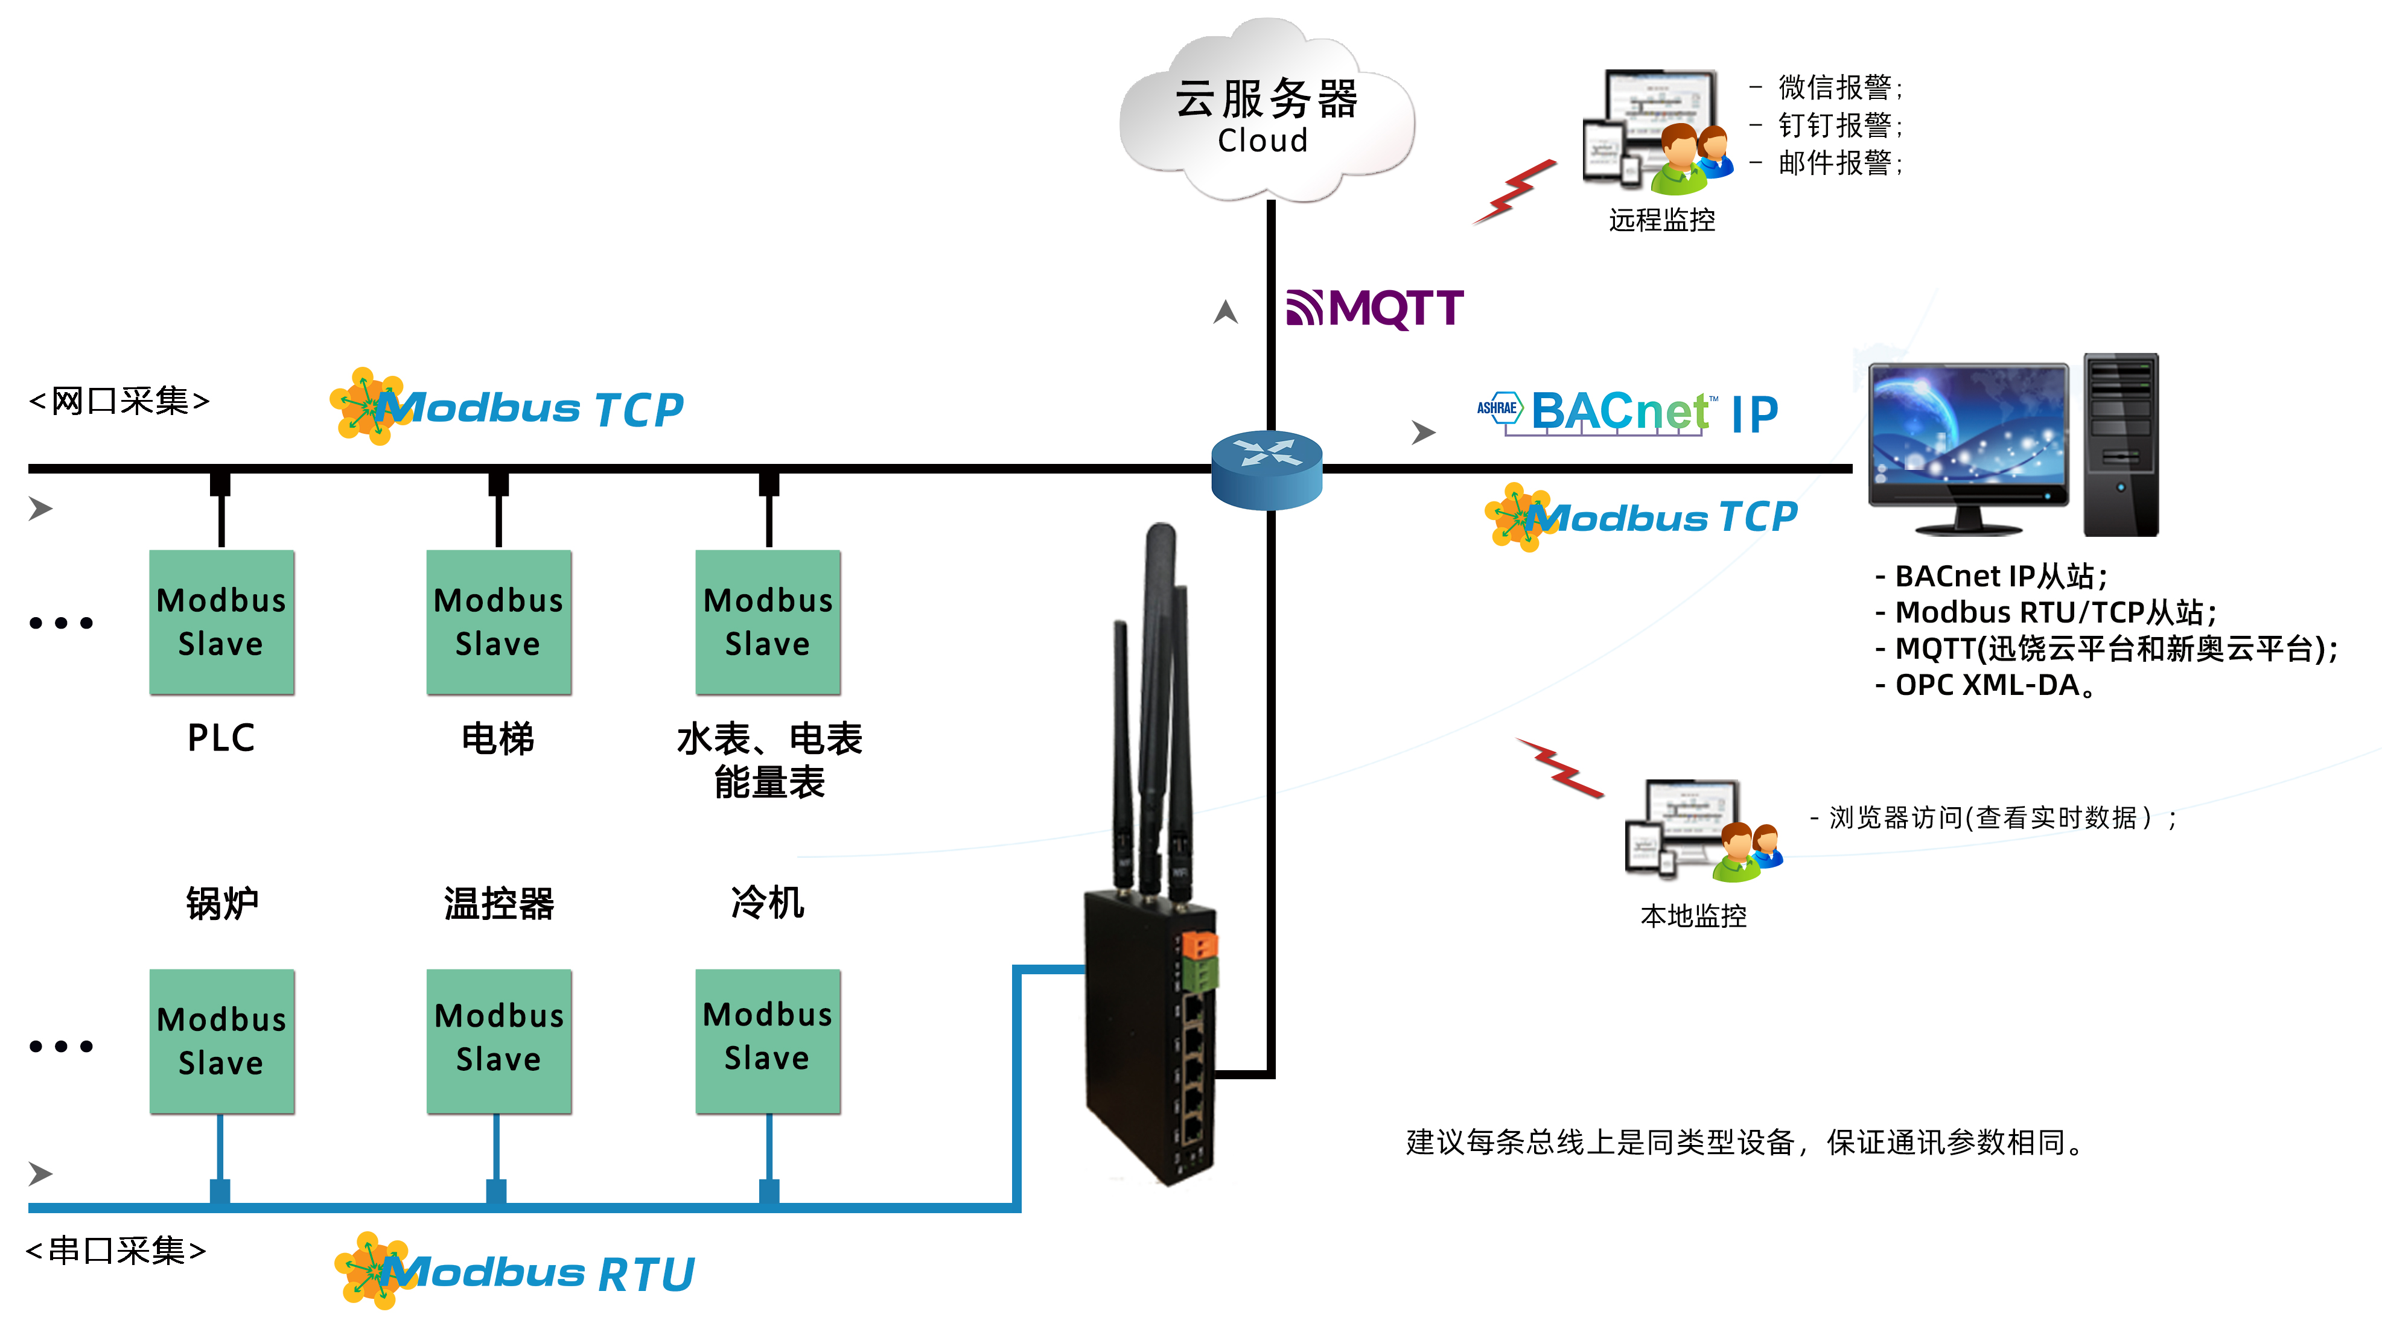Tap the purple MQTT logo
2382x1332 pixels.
click(x=1374, y=308)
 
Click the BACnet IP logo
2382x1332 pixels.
click(x=1628, y=412)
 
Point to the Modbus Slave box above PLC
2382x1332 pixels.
click(x=221, y=622)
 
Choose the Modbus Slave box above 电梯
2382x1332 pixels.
click(x=498, y=622)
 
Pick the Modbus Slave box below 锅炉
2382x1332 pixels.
click(x=221, y=1041)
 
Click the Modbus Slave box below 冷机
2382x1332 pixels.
click(x=768, y=1041)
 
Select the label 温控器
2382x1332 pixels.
click(x=498, y=903)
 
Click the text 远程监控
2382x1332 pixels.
click(x=1661, y=220)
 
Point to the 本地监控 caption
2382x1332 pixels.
click(x=1693, y=916)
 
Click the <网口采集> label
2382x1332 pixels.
click(x=119, y=401)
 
